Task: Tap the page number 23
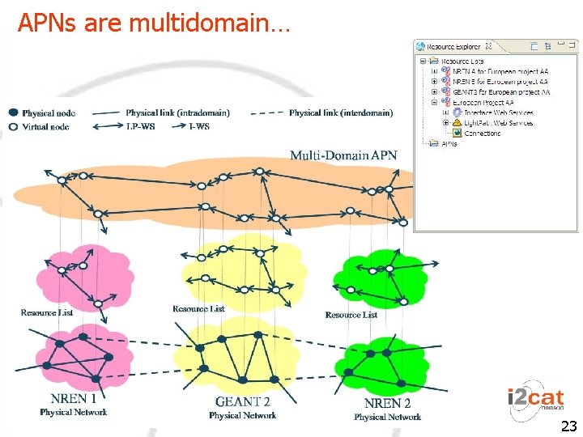click(x=568, y=426)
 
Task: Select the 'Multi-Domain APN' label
click(x=343, y=155)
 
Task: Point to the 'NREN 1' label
click(x=74, y=398)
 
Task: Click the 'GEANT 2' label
click(x=242, y=401)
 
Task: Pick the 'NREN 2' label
click(x=387, y=402)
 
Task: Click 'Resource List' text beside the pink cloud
click(x=47, y=312)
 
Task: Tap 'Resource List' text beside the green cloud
click(x=351, y=315)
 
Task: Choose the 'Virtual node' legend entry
click(x=48, y=126)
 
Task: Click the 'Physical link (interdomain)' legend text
click(x=341, y=112)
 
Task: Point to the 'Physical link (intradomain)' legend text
click(x=178, y=112)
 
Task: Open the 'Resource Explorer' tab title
click(x=453, y=47)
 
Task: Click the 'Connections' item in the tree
click(x=482, y=134)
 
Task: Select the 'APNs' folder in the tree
click(x=448, y=144)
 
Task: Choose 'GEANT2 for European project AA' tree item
click(x=500, y=92)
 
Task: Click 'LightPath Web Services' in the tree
click(x=498, y=123)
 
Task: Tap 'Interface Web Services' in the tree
click(x=498, y=112)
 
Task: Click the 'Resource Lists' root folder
click(x=462, y=62)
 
